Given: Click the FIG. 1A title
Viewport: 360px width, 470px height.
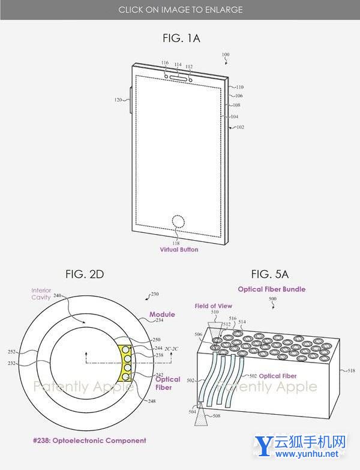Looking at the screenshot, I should (181, 38).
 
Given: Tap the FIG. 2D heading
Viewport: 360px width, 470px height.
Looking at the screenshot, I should (85, 274).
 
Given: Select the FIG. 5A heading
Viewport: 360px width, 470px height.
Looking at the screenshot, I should (270, 274).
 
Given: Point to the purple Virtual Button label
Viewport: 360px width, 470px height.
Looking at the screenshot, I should (179, 250).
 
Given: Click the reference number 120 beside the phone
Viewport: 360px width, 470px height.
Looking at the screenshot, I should (118, 100).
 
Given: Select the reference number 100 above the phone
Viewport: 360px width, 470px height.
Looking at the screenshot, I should (225, 55).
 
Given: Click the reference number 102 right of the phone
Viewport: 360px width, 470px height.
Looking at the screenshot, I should (240, 127).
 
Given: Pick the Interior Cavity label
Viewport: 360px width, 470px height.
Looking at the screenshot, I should (42, 293).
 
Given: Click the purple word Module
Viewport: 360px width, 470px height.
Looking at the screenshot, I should (162, 315).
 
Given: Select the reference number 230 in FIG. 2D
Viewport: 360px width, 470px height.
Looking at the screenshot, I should (154, 294).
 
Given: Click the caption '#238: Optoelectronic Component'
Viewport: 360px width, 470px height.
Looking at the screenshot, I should (89, 441).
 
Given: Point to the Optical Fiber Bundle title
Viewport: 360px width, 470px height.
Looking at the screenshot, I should (271, 289).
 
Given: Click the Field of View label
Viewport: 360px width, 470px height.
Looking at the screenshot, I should (213, 306).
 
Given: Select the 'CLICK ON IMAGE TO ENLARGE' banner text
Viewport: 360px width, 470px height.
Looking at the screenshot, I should (180, 10).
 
